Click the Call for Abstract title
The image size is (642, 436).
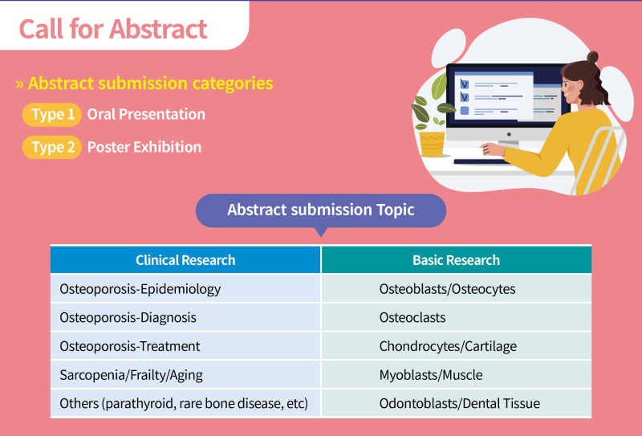(x=113, y=29)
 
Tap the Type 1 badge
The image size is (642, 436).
(x=52, y=114)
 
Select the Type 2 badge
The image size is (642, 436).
(x=52, y=147)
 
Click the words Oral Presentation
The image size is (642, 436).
(x=146, y=114)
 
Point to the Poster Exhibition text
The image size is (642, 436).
(x=144, y=147)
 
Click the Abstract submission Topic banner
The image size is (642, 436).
(x=321, y=210)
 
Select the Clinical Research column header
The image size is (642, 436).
(x=185, y=260)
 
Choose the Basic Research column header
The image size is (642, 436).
(x=457, y=260)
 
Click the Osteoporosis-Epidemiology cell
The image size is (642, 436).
(x=185, y=289)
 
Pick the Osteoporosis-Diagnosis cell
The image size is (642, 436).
(x=185, y=318)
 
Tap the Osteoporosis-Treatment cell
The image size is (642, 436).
(x=185, y=346)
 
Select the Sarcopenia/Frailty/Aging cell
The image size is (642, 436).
(x=185, y=375)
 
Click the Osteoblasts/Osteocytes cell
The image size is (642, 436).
(x=457, y=289)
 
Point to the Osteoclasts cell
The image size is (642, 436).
(x=457, y=318)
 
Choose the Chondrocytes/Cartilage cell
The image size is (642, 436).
(x=457, y=346)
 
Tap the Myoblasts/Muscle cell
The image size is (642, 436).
(x=457, y=375)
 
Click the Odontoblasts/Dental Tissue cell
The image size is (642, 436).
(x=457, y=404)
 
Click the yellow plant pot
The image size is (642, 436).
(x=433, y=144)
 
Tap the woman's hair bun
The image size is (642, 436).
(x=592, y=57)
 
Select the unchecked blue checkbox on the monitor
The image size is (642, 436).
(x=465, y=110)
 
